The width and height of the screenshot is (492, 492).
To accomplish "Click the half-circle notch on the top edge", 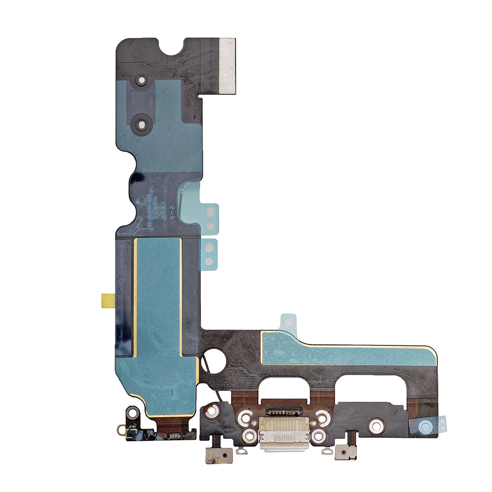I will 173,47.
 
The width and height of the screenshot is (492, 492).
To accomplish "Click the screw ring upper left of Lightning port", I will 245,418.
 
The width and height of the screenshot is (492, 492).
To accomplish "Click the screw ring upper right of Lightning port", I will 322,417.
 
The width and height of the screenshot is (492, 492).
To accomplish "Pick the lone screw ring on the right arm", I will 376,425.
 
